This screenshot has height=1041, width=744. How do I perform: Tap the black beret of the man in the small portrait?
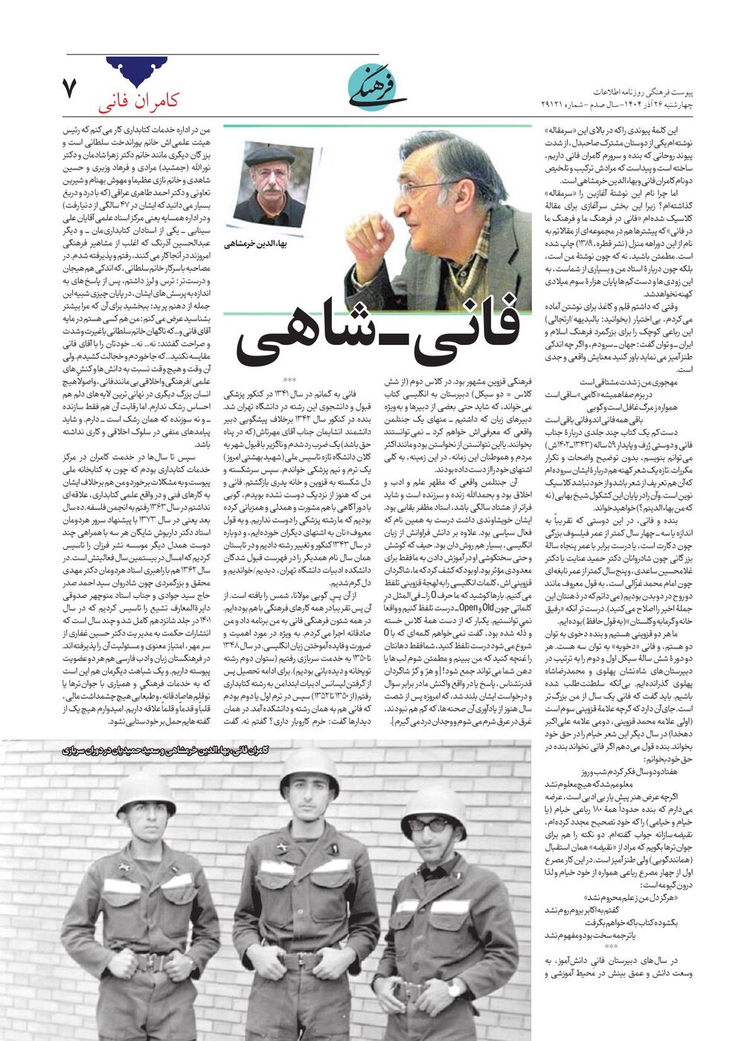click(270, 155)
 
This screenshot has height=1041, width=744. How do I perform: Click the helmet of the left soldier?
click(146, 790)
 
